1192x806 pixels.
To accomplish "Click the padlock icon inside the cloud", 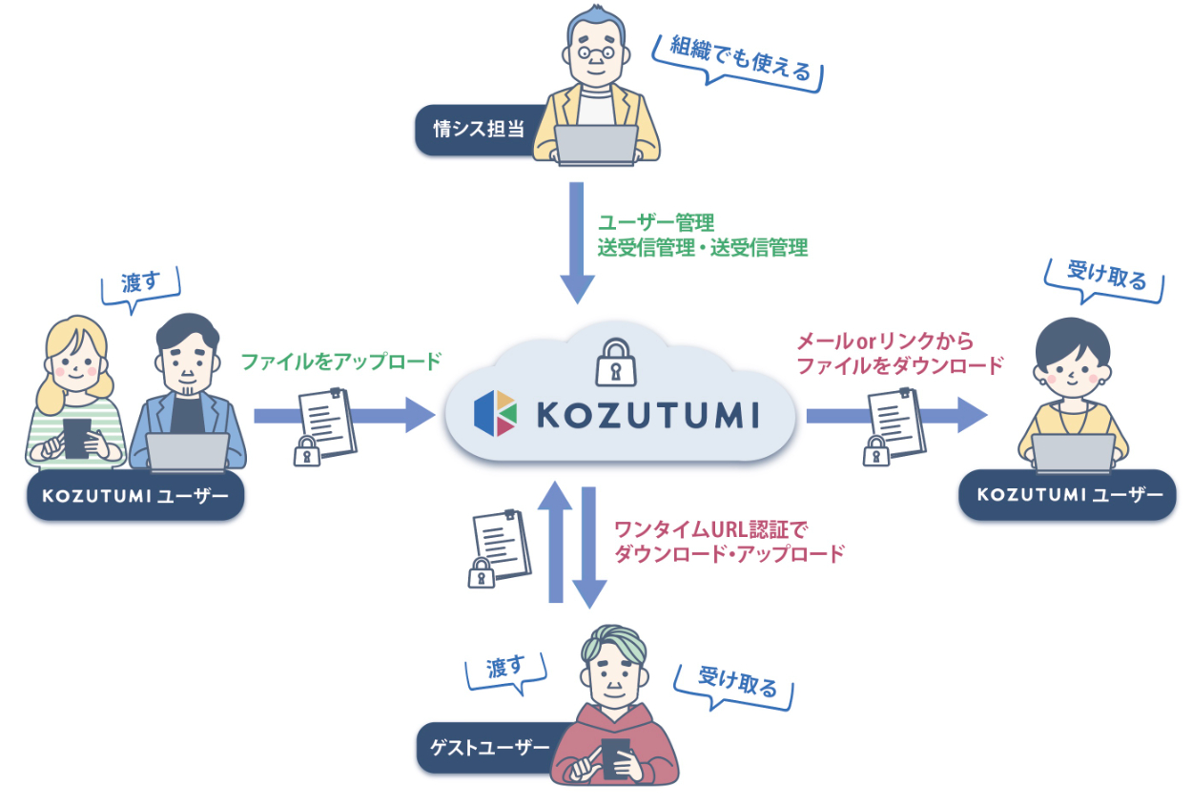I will [610, 363].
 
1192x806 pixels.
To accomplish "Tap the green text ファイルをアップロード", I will [340, 362].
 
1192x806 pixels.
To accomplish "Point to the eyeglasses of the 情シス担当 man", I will [596, 54].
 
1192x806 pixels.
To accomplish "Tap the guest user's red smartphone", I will [615, 757].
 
